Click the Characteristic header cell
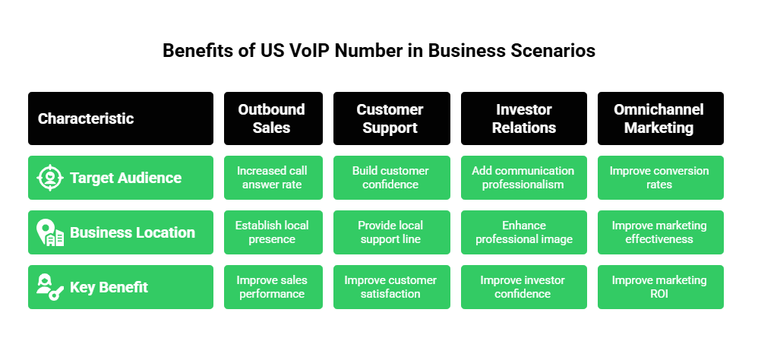tap(120, 118)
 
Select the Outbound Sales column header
tap(273, 118)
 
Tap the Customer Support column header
tap(390, 118)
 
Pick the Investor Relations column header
tap(523, 118)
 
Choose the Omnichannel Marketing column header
tap(659, 118)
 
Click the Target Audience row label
tap(125, 178)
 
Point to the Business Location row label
tap(132, 232)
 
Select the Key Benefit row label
tap(109, 287)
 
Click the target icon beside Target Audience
tap(50, 178)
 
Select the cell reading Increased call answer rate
tap(273, 178)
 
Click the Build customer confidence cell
tap(390, 178)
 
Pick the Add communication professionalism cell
tap(523, 178)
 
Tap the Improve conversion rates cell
tap(659, 178)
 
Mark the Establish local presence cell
tap(273, 232)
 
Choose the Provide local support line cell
tap(390, 232)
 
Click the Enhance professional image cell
tap(523, 232)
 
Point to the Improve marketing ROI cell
tap(659, 287)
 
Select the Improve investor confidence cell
tap(523, 287)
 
